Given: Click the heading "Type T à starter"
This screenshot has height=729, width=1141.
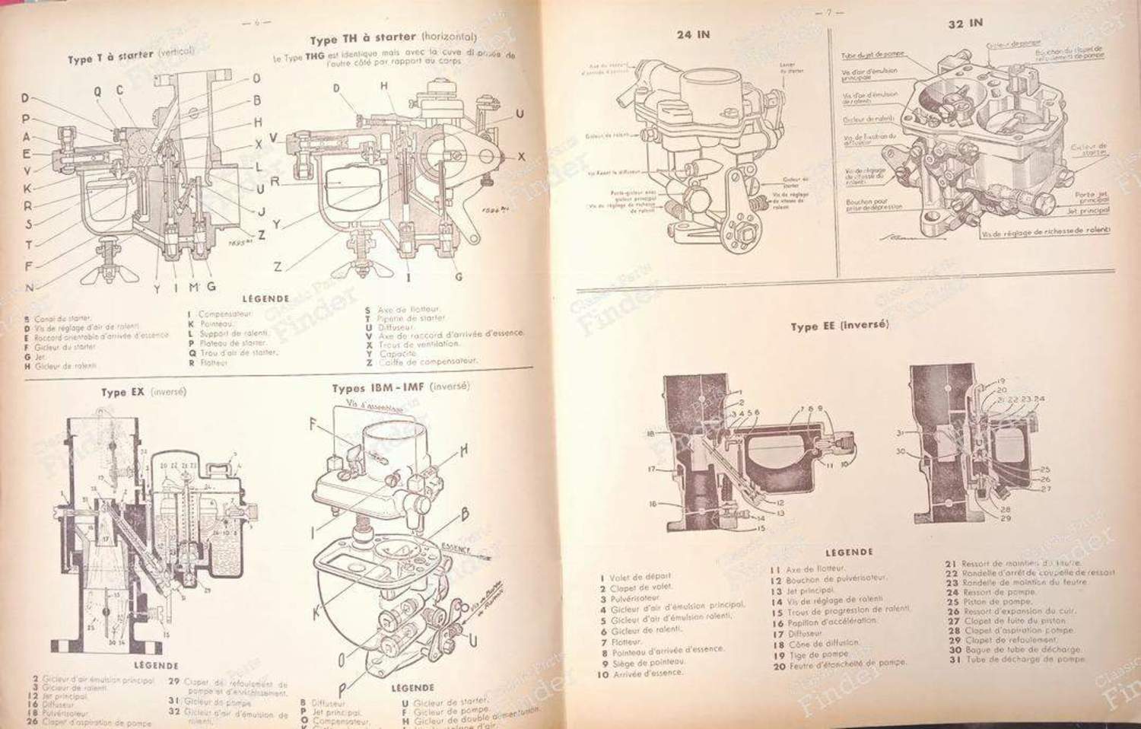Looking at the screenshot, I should [x=131, y=56].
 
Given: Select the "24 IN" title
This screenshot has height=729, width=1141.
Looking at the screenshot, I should [x=693, y=34].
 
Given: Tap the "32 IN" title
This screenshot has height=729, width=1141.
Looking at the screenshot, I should [x=965, y=24].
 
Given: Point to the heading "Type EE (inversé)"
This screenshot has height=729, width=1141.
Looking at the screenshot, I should [x=839, y=326].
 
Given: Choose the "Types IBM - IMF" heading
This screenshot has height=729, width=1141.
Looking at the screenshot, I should [x=400, y=387].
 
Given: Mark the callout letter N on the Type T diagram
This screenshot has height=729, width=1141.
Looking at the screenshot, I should [x=28, y=288].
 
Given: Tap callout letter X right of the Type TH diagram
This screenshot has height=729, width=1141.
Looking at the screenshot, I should [x=521, y=156].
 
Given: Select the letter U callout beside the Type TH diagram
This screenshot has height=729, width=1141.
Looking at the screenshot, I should [x=520, y=114].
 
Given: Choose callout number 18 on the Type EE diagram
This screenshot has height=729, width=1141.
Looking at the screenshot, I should [x=651, y=434].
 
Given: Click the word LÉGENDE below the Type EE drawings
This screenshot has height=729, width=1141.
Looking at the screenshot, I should [x=849, y=552].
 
